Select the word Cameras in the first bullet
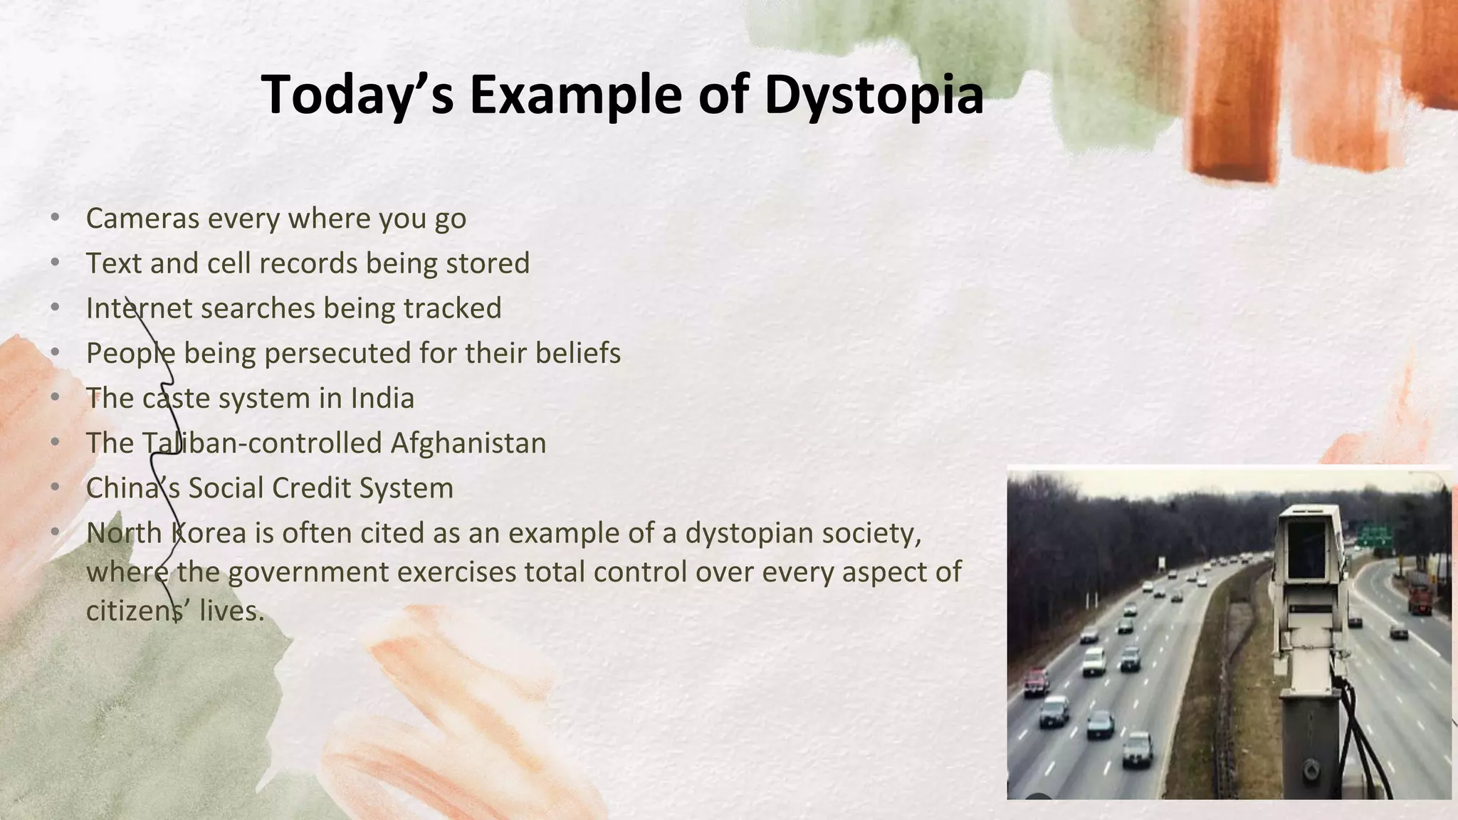click(142, 219)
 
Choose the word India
click(382, 398)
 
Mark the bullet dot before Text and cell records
click(56, 263)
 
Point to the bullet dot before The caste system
click(56, 397)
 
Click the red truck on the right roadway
click(1418, 599)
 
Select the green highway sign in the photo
click(1374, 535)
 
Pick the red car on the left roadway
click(1037, 680)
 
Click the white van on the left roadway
click(1093, 661)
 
